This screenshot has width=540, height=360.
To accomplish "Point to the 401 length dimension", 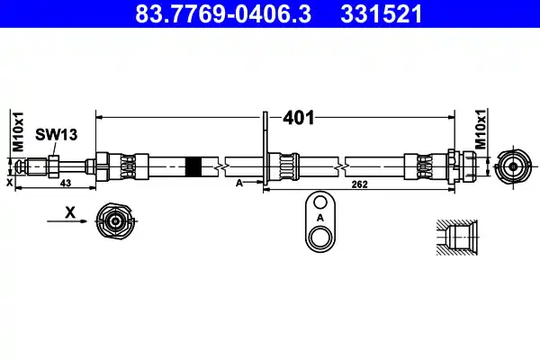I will tap(298, 117).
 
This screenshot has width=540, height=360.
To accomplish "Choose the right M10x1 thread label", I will tap(480, 131).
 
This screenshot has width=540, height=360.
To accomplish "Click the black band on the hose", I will tap(191, 166).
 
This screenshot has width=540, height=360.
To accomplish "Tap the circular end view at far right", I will tap(513, 166).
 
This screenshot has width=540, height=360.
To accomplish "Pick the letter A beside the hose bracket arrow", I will tap(238, 183).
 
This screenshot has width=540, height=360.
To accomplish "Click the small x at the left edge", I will tap(10, 183).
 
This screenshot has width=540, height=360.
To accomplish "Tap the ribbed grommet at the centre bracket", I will tap(289, 166).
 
